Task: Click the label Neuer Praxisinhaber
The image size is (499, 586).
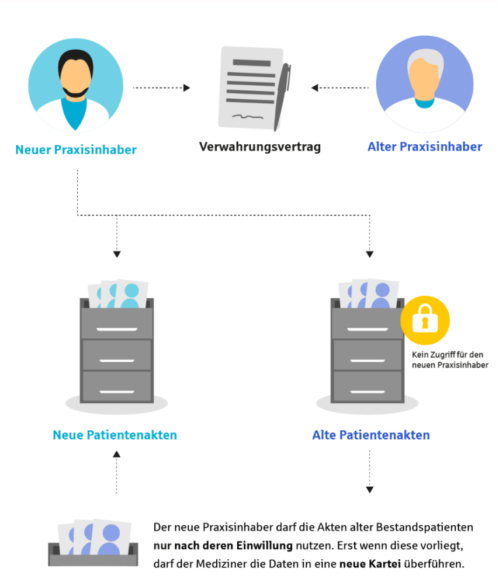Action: [76, 150]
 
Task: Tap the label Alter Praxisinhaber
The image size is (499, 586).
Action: [425, 147]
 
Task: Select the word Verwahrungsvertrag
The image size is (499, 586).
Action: [260, 147]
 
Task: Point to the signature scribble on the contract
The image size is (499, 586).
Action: [248, 117]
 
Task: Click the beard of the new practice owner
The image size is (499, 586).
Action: [75, 92]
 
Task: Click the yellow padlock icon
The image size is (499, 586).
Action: [425, 320]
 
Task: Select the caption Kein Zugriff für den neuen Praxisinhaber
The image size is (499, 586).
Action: [450, 360]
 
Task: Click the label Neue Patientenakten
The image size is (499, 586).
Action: [115, 435]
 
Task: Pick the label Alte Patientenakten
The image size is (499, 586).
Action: [371, 435]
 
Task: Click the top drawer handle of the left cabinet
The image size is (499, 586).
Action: [117, 329]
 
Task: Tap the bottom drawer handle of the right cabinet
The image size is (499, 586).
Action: [368, 392]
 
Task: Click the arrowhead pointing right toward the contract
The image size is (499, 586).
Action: [186, 88]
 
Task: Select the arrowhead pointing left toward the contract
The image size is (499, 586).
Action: [314, 88]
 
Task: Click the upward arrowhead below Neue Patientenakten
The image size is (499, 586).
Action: [117, 454]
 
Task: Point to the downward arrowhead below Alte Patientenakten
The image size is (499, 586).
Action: [369, 490]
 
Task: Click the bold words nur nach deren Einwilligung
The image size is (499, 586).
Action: [223, 546]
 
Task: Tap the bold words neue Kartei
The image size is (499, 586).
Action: [370, 564]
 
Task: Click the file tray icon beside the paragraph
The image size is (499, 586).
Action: [93, 543]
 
